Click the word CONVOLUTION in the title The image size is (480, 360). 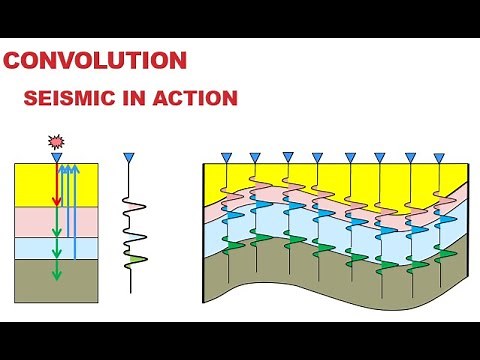pos(95,60)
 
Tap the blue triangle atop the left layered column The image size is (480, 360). pos(57,158)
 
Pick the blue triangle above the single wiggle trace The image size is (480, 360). pos(127,158)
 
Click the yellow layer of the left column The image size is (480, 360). pos(35,185)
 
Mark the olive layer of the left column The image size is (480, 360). pos(35,280)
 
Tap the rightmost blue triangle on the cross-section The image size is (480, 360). pos(440,157)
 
